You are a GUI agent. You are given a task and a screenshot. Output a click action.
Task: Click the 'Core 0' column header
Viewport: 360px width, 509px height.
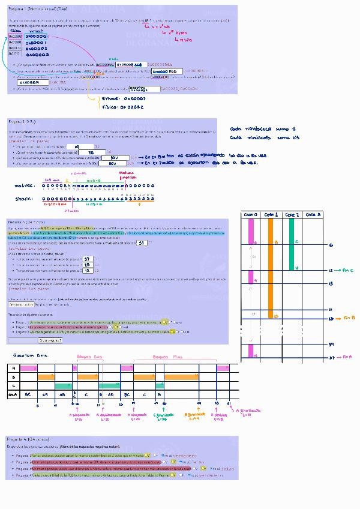251,214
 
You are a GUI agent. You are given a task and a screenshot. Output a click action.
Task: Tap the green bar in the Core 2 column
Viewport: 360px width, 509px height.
292,243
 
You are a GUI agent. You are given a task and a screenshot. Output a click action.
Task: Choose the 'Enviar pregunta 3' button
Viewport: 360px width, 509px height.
50,340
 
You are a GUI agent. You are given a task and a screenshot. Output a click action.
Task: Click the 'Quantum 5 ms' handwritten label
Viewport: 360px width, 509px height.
26,355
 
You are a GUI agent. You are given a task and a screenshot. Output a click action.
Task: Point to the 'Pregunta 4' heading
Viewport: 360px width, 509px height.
28,439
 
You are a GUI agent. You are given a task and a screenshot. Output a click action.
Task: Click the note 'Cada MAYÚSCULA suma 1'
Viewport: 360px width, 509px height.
263,128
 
